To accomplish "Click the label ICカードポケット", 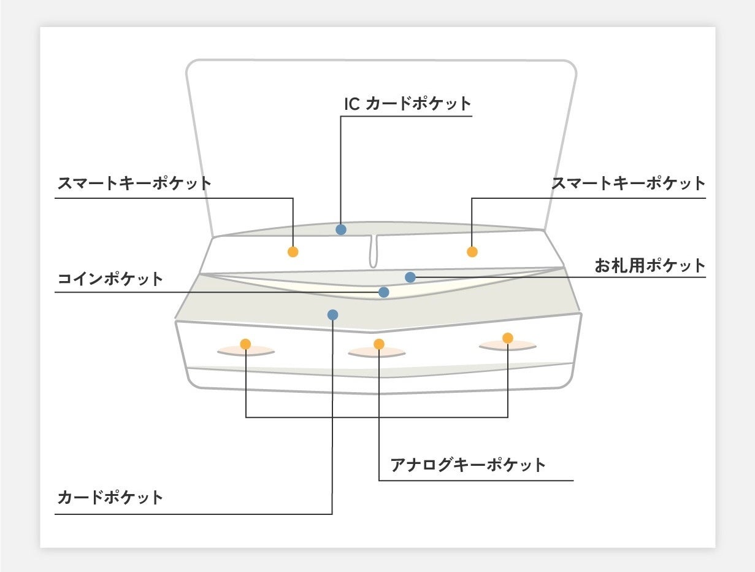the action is (x=408, y=104).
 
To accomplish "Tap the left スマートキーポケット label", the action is (x=134, y=183).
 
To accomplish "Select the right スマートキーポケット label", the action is (x=629, y=183).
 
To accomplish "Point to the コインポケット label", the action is (x=110, y=279).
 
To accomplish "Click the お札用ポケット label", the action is (x=650, y=266).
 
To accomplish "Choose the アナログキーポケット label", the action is (x=468, y=465).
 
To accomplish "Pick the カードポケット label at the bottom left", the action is (x=110, y=497).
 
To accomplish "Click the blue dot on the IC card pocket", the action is (x=341, y=230).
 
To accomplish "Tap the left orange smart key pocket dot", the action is (x=293, y=252).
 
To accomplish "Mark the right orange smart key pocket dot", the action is (x=472, y=252).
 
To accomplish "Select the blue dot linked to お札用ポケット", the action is (x=410, y=277).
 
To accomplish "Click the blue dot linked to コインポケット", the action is (x=384, y=292).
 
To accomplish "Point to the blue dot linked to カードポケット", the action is (x=332, y=315).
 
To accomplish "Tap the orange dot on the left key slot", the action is (x=245, y=344).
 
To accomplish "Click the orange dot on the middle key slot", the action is (x=379, y=344).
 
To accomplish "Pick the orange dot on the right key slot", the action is (x=508, y=338).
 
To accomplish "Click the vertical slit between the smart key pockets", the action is (x=373, y=252).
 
